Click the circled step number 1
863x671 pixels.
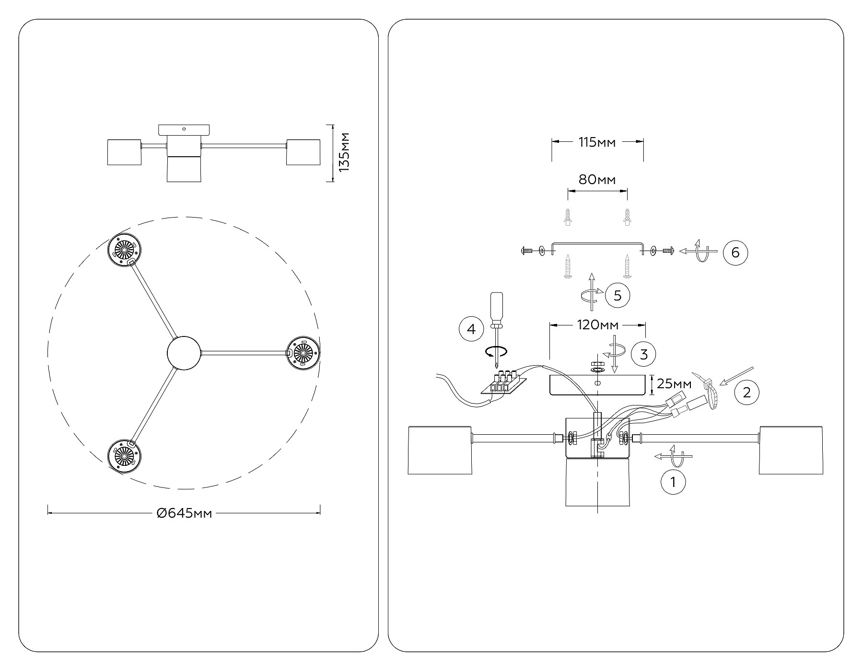tap(673, 482)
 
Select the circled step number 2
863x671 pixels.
tap(746, 393)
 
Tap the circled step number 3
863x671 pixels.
tap(643, 354)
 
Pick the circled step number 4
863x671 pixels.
tap(471, 329)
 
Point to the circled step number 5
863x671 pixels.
tap(618, 295)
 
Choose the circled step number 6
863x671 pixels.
tap(735, 252)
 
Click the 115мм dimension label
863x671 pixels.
tap(597, 142)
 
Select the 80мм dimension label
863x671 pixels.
tap(597, 180)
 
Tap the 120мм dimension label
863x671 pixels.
tap(597, 325)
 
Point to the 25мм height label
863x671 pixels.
tap(674, 383)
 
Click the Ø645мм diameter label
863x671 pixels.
tap(184, 513)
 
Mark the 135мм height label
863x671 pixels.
tap(343, 152)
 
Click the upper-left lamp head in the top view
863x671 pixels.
tap(124, 249)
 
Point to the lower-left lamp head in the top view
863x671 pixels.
tap(124, 456)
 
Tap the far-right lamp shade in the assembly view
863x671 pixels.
tap(791, 450)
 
